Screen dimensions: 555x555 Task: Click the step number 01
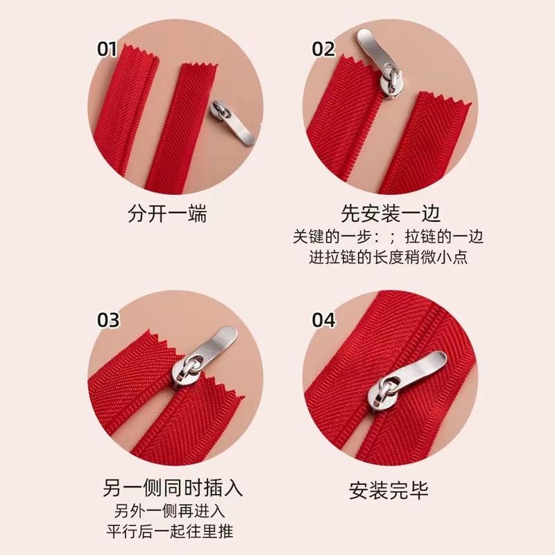pyautogui.click(x=107, y=49)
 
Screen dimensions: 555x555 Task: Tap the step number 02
pyautogui.click(x=323, y=49)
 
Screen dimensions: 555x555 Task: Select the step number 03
pyautogui.click(x=108, y=320)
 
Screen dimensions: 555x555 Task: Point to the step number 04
pyautogui.click(x=323, y=320)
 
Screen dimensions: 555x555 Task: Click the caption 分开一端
pyautogui.click(x=167, y=214)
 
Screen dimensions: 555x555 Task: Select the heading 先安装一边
pyautogui.click(x=391, y=214)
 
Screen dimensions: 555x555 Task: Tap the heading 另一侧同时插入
pyautogui.click(x=173, y=488)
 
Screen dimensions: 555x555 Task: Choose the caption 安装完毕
pyautogui.click(x=388, y=490)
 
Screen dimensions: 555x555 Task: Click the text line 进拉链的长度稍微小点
pyautogui.click(x=388, y=257)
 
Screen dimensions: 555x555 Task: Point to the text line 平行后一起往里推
pyautogui.click(x=170, y=531)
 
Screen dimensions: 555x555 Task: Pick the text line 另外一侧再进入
pyautogui.click(x=169, y=511)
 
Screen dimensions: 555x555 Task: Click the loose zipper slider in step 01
pyautogui.click(x=232, y=122)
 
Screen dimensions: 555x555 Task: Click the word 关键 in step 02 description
pyautogui.click(x=308, y=237)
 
